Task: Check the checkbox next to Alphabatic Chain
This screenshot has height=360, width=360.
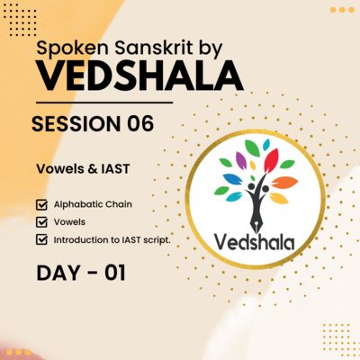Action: pyautogui.click(x=41, y=204)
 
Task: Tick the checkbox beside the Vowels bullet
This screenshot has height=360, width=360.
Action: pyautogui.click(x=41, y=221)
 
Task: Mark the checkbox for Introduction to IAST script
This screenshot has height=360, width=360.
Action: pyautogui.click(x=41, y=239)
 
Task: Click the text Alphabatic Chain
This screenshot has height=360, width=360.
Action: pyautogui.click(x=93, y=204)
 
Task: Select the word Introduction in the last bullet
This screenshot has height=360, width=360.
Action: pyautogui.click(x=82, y=239)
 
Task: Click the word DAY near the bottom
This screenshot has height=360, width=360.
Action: pyautogui.click(x=55, y=271)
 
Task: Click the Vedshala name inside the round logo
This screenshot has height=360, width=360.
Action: pyautogui.click(x=258, y=239)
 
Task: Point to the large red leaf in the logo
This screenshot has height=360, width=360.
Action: pyautogui.click(x=270, y=162)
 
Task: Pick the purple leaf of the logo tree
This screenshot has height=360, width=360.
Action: pyautogui.click(x=240, y=161)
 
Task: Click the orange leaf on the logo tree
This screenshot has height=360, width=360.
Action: pyautogui.click(x=283, y=183)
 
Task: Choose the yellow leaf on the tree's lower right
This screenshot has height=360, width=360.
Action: pyautogui.click(x=279, y=197)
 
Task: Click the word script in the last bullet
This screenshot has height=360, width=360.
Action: pyautogui.click(x=153, y=239)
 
